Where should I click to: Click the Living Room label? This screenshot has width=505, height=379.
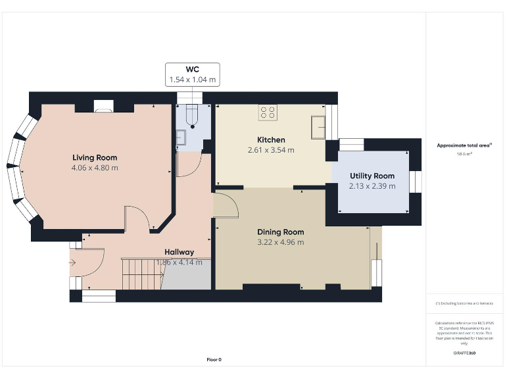pos(95,157)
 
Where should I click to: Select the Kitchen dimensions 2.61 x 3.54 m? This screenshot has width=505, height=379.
pos(271,150)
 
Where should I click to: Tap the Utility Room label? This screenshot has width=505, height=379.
pos(372,176)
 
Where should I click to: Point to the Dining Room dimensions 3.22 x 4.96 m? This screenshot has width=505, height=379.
pos(280,242)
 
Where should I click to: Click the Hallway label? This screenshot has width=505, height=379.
pos(179,252)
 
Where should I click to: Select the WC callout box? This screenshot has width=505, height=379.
pos(192,74)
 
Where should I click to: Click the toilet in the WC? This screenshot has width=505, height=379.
pos(192,116)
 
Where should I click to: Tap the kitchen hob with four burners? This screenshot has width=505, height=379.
pos(268,113)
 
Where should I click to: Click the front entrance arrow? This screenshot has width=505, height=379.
pos(72,264)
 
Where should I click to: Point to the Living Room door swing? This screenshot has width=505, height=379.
pos(138,217)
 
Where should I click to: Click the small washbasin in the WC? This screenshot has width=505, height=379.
pos(180,138)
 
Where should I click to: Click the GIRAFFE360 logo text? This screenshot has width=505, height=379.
pos(464,353)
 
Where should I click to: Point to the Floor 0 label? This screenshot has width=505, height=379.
pos(214,359)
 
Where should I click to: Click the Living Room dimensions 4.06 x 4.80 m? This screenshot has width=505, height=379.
pos(95,168)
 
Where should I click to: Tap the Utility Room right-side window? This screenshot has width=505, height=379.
pos(415,180)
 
